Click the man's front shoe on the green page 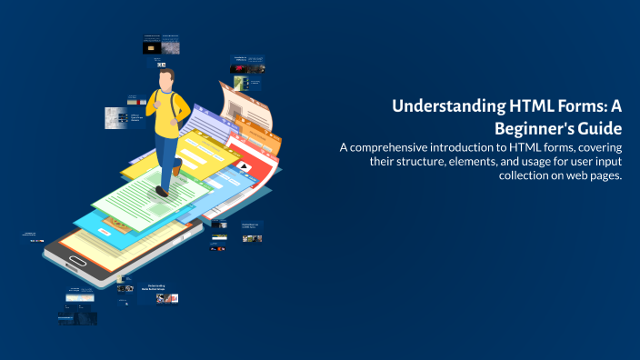click(x=162, y=190)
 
